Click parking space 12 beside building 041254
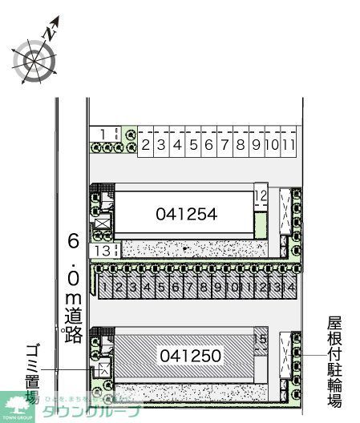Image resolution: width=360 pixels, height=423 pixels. (x=261, y=195)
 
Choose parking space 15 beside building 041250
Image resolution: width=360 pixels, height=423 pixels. (x=260, y=337)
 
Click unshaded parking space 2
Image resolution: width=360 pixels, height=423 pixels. (x=146, y=146)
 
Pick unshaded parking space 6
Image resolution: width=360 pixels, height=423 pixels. (x=208, y=146)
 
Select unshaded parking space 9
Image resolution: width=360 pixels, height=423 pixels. (x=255, y=146)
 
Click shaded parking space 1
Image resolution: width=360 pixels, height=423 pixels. (x=104, y=286)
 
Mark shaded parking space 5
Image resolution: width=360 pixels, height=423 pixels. (x=161, y=286)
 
